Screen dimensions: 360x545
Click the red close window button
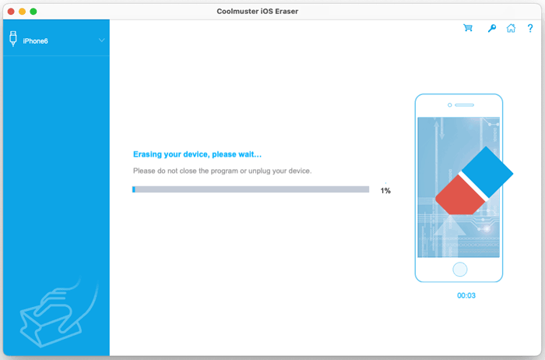click(10, 12)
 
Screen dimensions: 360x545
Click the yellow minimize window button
click(22, 12)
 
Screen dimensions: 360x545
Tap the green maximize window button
click(33, 12)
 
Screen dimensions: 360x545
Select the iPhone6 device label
click(35, 41)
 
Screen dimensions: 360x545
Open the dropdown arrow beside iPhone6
click(101, 40)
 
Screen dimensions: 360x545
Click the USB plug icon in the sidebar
click(13, 39)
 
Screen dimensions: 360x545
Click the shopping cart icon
click(468, 28)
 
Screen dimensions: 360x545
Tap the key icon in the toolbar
click(491, 28)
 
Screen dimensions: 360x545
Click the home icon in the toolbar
click(511, 28)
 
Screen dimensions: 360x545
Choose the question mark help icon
click(530, 28)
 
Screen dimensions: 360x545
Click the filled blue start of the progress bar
click(134, 189)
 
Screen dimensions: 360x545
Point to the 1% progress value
click(385, 190)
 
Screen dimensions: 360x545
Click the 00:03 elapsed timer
click(466, 295)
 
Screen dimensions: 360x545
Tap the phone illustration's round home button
click(459, 270)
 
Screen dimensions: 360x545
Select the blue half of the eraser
click(487, 168)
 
